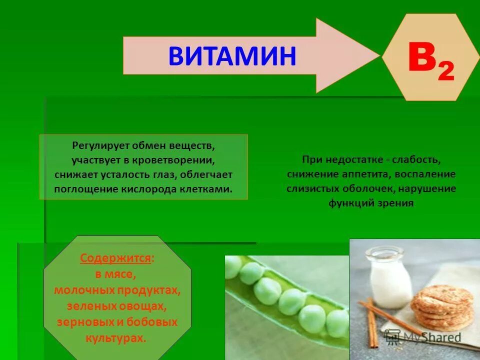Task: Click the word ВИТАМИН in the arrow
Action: pos(232,56)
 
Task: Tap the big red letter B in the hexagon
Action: pos(421,58)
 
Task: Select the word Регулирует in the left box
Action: pos(99,146)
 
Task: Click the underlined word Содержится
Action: pos(116,258)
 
